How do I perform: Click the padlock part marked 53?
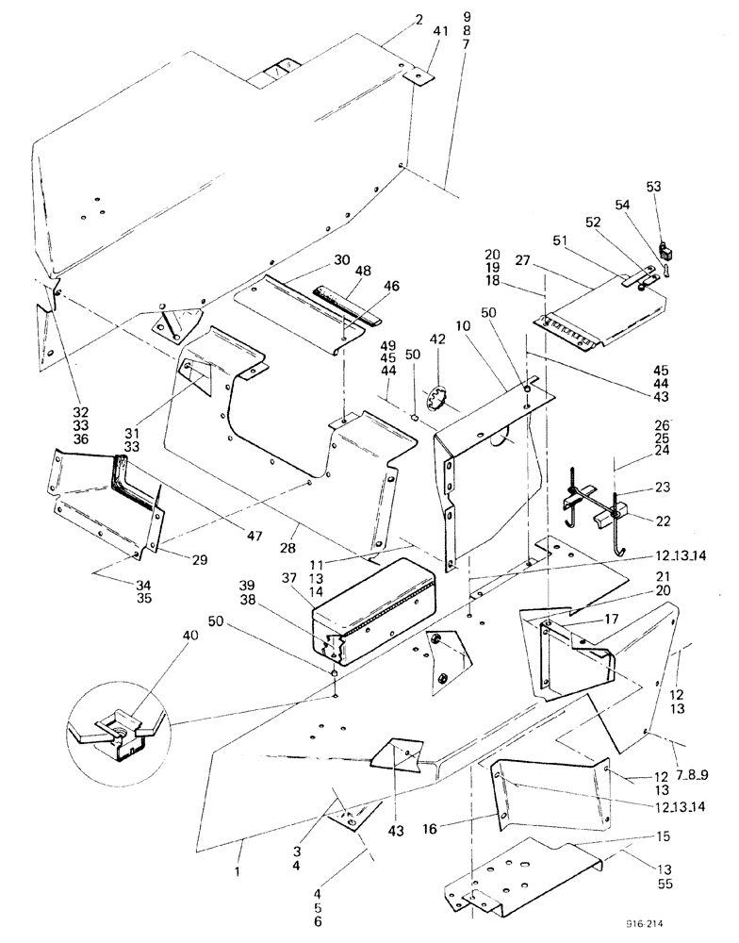coord(665,252)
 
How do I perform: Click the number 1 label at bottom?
coord(239,873)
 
